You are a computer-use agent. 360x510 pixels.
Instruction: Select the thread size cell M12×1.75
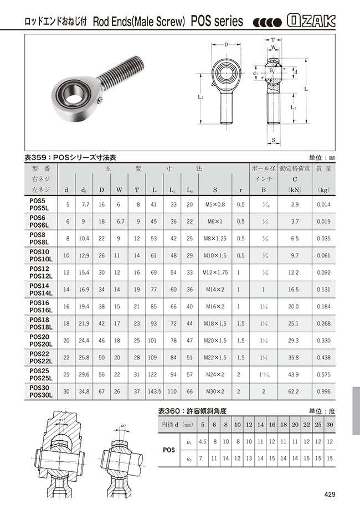(x=214, y=273)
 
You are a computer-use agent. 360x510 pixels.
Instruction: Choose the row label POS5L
(x=41, y=208)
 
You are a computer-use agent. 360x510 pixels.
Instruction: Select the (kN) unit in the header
(x=294, y=190)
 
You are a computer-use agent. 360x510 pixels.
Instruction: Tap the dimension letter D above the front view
(x=227, y=44)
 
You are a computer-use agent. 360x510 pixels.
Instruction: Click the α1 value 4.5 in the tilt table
(x=203, y=441)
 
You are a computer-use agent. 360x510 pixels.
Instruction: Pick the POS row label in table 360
(x=169, y=450)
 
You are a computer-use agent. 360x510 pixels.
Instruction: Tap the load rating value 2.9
(x=295, y=205)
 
